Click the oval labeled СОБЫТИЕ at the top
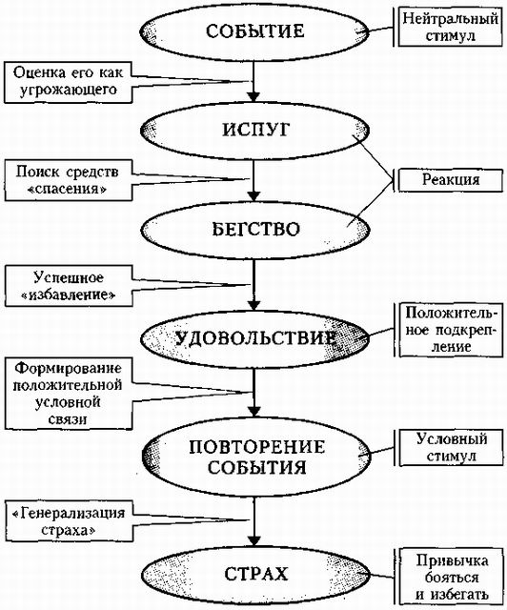[x=254, y=32]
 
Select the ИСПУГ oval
[x=254, y=127]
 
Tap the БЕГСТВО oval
[x=254, y=229]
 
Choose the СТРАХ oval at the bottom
[x=254, y=575]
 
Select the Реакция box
[x=450, y=178]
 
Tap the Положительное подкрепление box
[x=449, y=328]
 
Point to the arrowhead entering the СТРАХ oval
[x=254, y=542]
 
